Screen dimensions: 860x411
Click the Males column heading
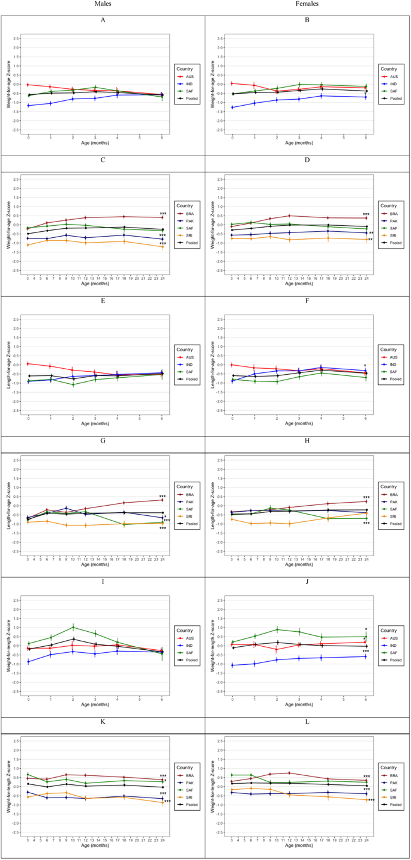pyautogui.click(x=103, y=4)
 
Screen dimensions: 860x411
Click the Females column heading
pyautogui.click(x=307, y=4)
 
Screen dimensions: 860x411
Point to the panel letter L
pyautogui.click(x=307, y=715)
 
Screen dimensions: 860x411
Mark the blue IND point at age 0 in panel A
pyautogui.click(x=28, y=106)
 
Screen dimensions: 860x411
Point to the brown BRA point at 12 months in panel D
pyautogui.click(x=289, y=216)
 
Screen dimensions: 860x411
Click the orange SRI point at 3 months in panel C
pyautogui.click(x=28, y=245)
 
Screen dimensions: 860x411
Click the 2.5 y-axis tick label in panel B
pyautogui.click(x=220, y=38)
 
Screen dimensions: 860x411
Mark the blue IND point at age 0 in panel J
pyautogui.click(x=233, y=665)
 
